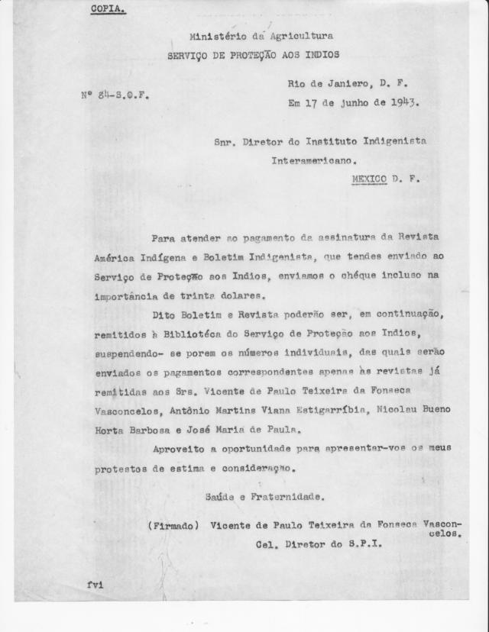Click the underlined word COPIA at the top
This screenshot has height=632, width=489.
point(108,9)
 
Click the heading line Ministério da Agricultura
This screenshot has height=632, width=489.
point(261,36)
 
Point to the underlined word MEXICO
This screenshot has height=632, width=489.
point(369,179)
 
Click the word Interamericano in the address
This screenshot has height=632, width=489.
point(314,161)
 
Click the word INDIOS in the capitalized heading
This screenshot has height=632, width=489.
point(319,55)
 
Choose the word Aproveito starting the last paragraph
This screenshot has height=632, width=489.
point(180,448)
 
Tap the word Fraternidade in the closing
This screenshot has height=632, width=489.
point(287,497)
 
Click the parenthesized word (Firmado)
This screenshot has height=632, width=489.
point(173,526)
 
